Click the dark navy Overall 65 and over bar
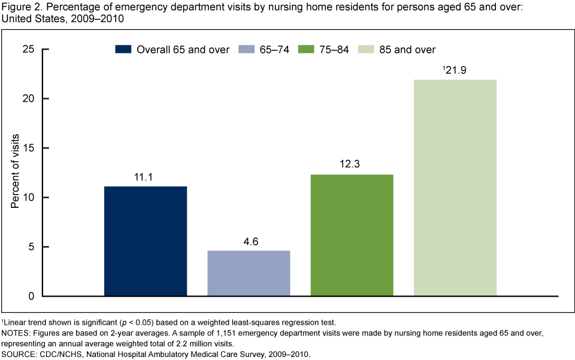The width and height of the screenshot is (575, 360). tap(145, 241)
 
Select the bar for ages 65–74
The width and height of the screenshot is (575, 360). tap(249, 273)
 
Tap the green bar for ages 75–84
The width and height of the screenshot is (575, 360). tap(352, 235)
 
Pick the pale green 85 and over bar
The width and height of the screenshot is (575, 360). tap(455, 187)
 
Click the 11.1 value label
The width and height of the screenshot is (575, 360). tap(145, 178)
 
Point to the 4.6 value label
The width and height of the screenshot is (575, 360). tap(249, 242)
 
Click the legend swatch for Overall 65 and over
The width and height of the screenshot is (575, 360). tap(123, 50)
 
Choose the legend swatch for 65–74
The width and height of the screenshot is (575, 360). tap(247, 50)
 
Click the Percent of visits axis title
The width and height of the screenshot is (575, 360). tap(16, 173)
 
